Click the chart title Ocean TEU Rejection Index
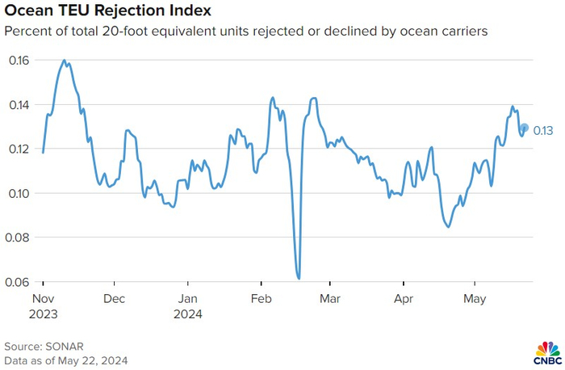click(107, 12)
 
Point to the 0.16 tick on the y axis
click(19, 61)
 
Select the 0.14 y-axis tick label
click(19, 105)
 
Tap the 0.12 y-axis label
click(19, 149)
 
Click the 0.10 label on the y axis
click(19, 194)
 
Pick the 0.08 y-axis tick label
click(19, 238)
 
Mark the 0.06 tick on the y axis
click(19, 283)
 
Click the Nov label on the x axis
click(43, 297)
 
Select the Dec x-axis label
click(115, 297)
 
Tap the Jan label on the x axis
click(187, 297)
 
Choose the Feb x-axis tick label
click(261, 297)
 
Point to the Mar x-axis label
click(329, 297)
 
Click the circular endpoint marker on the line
click(524, 128)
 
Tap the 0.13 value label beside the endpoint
click(543, 130)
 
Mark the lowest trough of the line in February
click(299, 278)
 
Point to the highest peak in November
click(65, 61)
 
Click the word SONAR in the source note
click(64, 345)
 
